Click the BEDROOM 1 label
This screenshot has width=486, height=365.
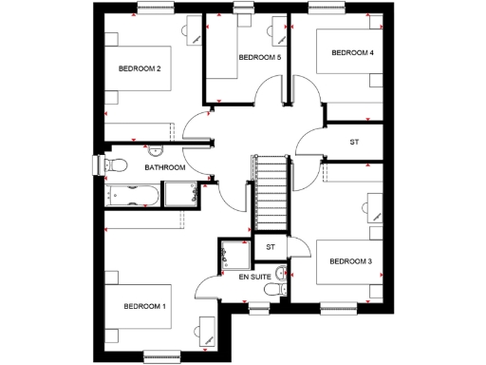144,306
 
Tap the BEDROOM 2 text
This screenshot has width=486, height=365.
139,68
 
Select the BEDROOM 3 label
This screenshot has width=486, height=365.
349,260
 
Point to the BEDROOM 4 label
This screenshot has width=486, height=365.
351,53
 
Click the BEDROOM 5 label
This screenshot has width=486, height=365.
259,58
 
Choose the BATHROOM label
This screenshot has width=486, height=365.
164,167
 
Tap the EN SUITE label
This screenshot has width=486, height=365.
255,276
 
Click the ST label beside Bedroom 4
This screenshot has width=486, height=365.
354,142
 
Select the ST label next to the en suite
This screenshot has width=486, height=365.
270,247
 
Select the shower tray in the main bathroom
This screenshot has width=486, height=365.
179,194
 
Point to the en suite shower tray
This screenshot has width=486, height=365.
233,254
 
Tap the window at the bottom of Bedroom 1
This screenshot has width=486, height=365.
161,357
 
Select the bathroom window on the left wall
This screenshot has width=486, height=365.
97,165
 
